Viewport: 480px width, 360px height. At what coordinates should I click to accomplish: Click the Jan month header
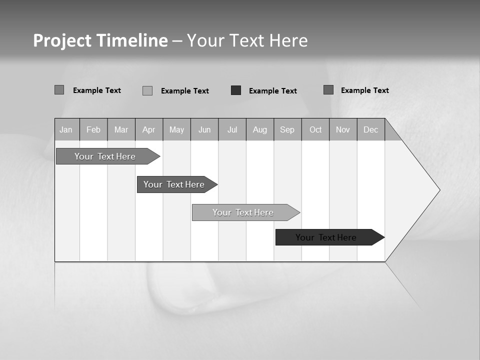point(66,129)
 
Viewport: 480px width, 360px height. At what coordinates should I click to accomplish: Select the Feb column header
point(93,129)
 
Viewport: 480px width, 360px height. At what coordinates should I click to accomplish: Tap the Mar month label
point(121,129)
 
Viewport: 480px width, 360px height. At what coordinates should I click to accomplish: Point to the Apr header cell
point(149,129)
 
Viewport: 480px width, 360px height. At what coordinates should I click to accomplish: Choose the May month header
point(176,129)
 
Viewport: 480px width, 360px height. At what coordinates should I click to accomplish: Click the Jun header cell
point(204,129)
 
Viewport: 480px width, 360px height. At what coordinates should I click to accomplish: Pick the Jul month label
point(232,129)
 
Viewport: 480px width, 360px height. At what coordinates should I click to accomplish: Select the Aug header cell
point(260,129)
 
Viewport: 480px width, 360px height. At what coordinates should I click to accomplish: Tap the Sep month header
point(287,129)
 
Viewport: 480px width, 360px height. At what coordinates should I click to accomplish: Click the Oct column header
point(315,129)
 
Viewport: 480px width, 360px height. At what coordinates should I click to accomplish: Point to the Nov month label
point(343,129)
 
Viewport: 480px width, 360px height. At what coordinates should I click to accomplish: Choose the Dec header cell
point(371,129)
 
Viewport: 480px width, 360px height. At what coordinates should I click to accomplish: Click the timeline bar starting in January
point(105,156)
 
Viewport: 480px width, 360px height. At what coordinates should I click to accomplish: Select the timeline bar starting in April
point(174,184)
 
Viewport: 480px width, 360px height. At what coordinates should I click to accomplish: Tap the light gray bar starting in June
point(243,212)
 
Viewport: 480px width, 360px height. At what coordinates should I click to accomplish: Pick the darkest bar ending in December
point(326,237)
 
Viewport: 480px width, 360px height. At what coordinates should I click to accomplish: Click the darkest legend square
point(236,90)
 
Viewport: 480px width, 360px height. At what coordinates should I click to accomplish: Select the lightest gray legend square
point(147,90)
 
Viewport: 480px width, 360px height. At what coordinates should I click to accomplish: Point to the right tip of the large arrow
point(439,190)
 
